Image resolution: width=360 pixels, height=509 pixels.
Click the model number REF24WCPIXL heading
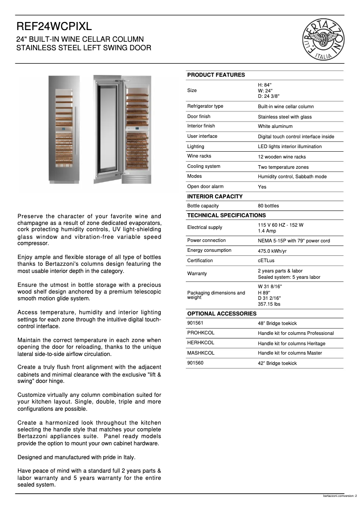(x=54, y=27)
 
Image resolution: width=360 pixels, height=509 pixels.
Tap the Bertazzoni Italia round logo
(x=324, y=40)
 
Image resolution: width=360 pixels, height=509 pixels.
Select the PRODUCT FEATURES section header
(x=216, y=75)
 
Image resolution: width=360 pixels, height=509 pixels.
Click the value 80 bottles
(x=268, y=206)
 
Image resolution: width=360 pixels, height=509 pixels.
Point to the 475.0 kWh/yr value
(x=272, y=251)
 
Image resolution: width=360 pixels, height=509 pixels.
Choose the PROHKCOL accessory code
(x=201, y=333)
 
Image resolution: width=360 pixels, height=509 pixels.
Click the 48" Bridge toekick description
(x=277, y=324)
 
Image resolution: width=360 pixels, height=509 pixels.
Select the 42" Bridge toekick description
(x=277, y=364)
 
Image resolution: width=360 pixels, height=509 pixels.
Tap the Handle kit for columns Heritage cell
(x=291, y=344)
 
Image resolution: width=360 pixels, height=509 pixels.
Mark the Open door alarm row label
(x=205, y=187)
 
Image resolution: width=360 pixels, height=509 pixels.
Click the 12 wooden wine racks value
(x=281, y=157)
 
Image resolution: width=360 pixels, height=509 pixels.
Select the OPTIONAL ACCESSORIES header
(x=222, y=314)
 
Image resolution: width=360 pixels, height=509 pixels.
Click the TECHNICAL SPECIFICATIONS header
(x=226, y=215)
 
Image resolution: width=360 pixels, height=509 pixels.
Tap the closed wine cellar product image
(x=64, y=129)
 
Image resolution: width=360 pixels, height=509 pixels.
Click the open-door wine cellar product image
(x=122, y=129)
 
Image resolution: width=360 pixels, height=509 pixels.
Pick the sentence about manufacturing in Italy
(x=76, y=457)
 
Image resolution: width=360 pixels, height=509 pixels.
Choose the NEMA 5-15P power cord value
(x=294, y=241)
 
